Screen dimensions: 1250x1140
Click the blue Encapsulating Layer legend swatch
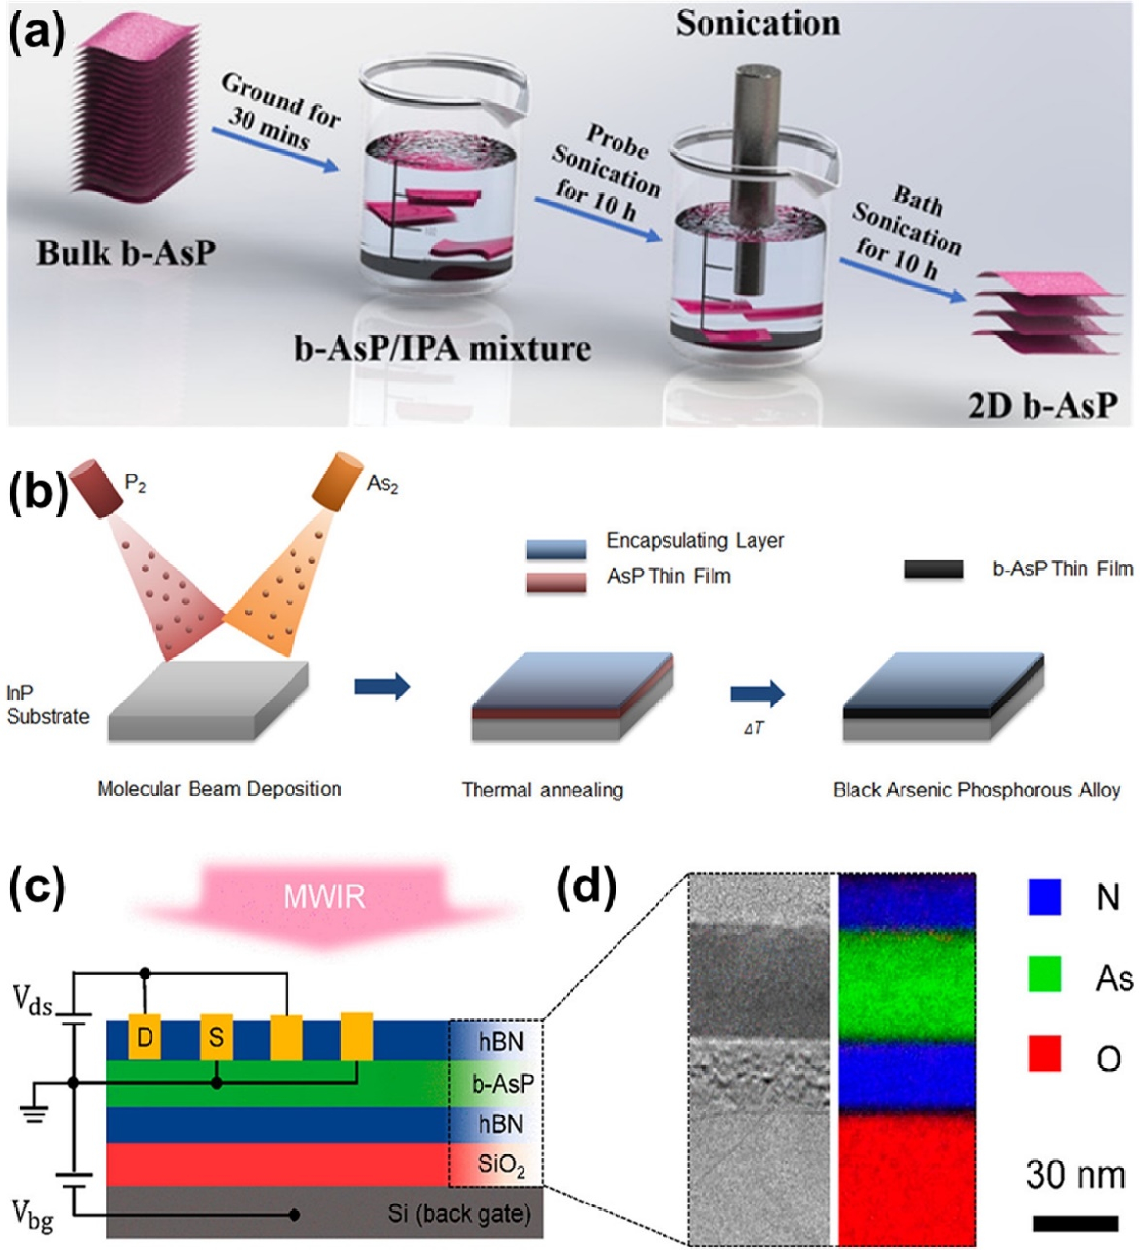pos(556,549)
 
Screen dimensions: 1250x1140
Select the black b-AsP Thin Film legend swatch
pos(933,569)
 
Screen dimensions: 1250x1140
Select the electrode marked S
pos(216,1036)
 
